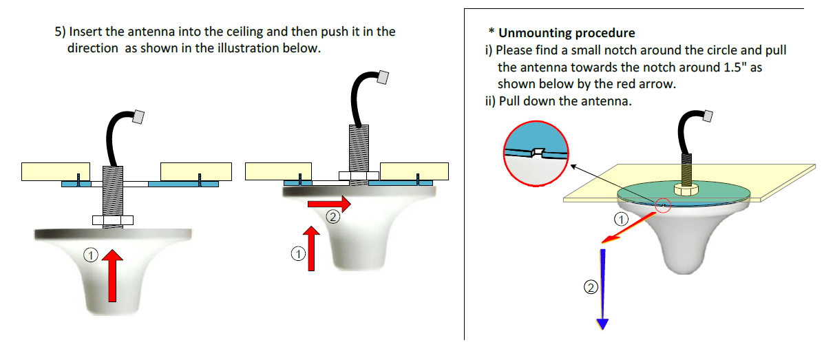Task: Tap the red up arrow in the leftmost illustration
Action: (112, 275)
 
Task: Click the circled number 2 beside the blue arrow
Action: (590, 288)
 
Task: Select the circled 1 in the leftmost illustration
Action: (89, 255)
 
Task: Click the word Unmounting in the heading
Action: (532, 32)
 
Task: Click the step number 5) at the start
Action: (60, 32)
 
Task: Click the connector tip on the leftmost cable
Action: (138, 117)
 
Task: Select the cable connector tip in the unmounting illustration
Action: (707, 117)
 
